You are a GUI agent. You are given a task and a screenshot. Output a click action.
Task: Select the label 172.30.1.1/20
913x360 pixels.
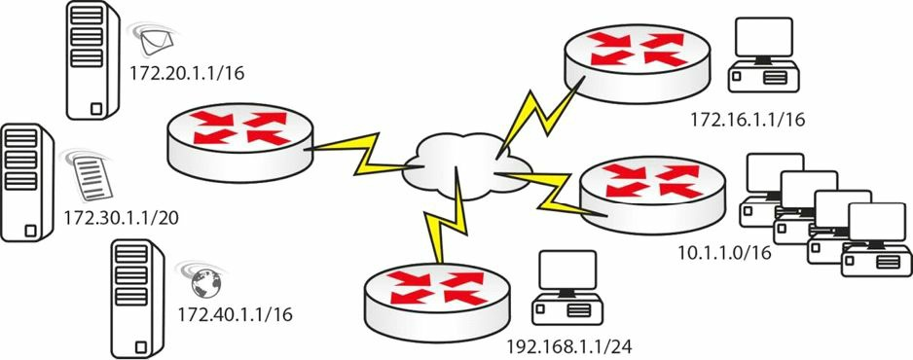pos(121,218)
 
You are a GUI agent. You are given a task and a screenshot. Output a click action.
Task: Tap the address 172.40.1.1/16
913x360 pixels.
pos(235,314)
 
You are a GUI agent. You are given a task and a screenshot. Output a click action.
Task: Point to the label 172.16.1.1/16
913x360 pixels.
pos(748,120)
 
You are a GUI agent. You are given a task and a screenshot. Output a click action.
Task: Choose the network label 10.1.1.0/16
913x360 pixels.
pos(725,252)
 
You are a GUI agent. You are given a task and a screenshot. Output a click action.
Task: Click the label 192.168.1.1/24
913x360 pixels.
pos(568,346)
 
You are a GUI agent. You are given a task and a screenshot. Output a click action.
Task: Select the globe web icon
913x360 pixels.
pos(205,283)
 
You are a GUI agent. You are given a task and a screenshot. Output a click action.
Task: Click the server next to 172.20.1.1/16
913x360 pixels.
pos(92,60)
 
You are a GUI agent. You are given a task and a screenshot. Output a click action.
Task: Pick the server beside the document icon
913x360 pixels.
pos(27,183)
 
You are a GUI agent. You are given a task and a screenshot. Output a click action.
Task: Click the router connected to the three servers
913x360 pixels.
pos(239,143)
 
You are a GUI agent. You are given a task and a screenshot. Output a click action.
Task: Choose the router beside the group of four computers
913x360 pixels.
pos(653,195)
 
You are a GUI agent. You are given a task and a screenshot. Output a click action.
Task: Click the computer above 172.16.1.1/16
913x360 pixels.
pos(763,55)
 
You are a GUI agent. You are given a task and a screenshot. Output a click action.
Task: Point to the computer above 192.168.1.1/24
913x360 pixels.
pos(567,288)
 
